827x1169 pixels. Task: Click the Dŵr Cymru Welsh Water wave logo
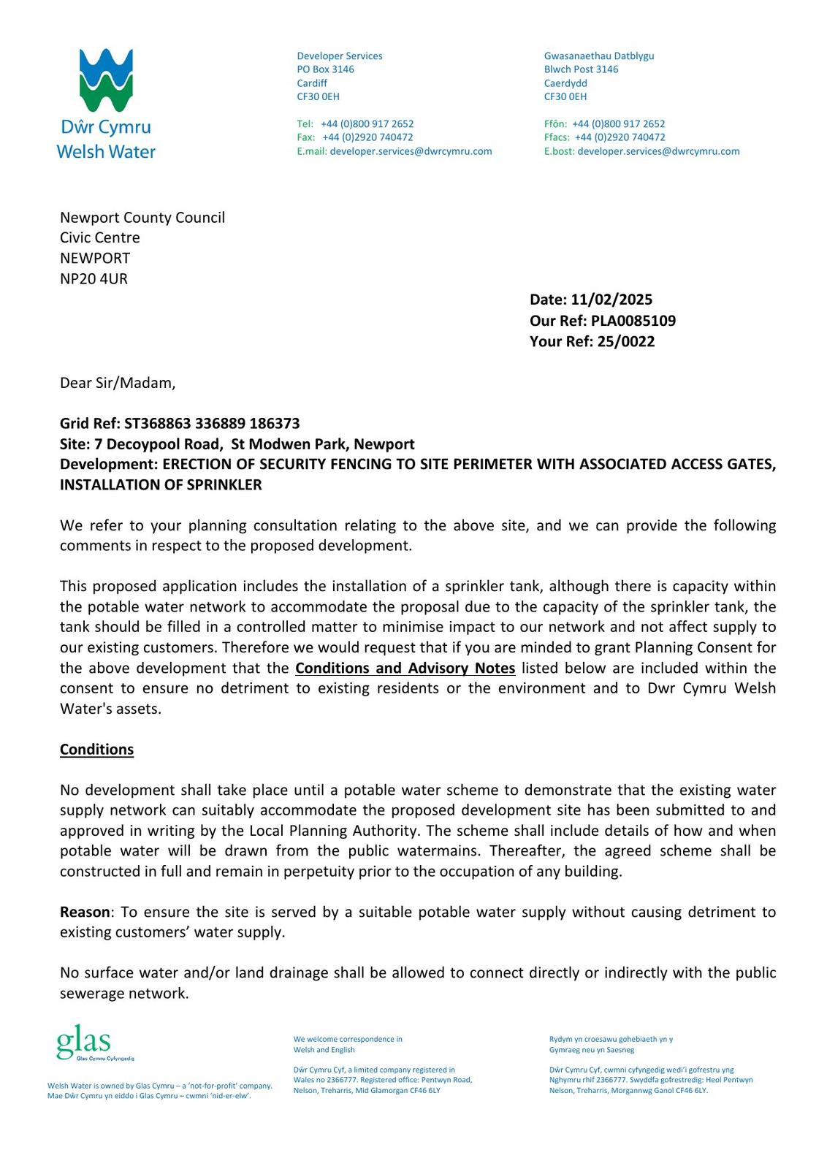[x=106, y=80]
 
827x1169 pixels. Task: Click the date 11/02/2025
[x=611, y=300]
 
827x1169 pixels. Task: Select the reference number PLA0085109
[x=633, y=321]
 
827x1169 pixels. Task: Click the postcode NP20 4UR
[x=94, y=278]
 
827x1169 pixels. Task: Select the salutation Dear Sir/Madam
[x=118, y=383]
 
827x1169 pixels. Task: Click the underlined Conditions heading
[x=96, y=750]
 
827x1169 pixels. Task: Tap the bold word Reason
[x=84, y=912]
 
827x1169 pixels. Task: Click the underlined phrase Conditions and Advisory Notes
[x=405, y=668]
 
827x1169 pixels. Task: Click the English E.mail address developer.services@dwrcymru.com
[x=411, y=151]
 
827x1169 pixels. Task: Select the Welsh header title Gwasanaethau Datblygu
[x=599, y=56]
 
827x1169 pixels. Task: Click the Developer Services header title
[x=339, y=56]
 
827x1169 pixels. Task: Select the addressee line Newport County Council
[x=142, y=217]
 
